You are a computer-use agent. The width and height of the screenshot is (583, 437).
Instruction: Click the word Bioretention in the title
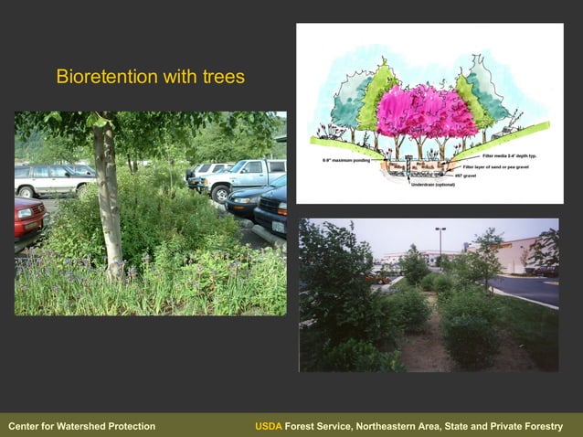point(100,77)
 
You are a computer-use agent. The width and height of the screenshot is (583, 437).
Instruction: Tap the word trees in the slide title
point(222,77)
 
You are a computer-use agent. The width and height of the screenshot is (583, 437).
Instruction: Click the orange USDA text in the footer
point(269,426)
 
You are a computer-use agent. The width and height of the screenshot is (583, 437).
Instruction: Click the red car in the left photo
point(28,216)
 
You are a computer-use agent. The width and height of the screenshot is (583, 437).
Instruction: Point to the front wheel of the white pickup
point(219,193)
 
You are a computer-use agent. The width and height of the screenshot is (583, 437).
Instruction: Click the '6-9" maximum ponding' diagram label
point(345,160)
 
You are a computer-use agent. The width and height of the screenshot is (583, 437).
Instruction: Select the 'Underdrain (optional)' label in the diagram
point(432,185)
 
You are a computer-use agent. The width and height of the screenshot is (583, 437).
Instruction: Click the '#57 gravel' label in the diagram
point(465,176)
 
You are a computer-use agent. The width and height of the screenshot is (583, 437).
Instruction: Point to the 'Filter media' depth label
point(515,156)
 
